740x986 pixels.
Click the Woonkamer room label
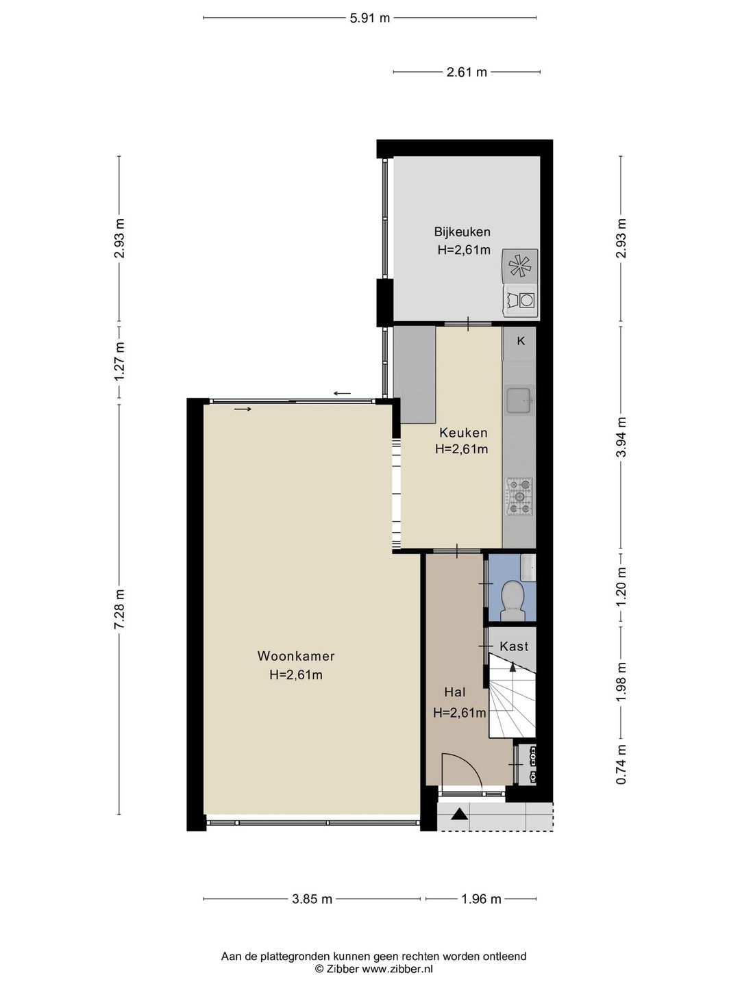coord(295,656)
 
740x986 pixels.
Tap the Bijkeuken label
coord(462,232)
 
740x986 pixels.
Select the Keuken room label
coord(463,433)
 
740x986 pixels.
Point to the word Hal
coord(455,692)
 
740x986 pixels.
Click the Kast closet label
coord(514,646)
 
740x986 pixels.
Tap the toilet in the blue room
coord(513,600)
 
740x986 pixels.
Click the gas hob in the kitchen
coord(520,496)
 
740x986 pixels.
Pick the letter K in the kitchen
coord(521,341)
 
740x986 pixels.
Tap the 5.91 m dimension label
coord(370,18)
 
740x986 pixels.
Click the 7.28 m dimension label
coord(119,609)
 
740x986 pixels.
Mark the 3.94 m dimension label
coord(621,437)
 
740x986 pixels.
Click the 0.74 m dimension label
coord(621,764)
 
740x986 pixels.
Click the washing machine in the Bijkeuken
coord(521,299)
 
